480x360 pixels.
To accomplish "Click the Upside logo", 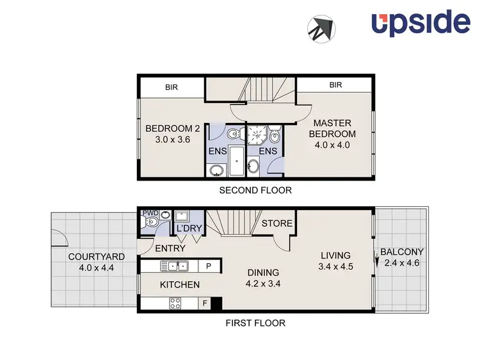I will (x=420, y=22).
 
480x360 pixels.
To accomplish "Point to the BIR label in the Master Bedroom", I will (x=335, y=85).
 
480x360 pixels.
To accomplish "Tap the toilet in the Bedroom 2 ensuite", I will (x=234, y=134).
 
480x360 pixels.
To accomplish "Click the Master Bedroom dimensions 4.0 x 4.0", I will (x=332, y=145).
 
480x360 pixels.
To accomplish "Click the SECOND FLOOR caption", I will (x=255, y=190).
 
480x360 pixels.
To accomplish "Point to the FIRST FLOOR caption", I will (x=255, y=323).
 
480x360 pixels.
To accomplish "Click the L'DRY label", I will (x=188, y=229).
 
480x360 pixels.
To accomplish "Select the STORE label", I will (x=277, y=224).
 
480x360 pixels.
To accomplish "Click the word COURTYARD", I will (x=97, y=257).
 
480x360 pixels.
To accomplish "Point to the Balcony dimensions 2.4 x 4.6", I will (x=401, y=262).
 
